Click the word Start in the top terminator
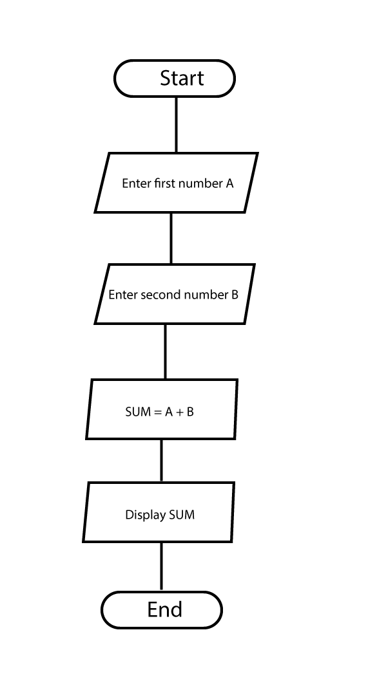pos(182,78)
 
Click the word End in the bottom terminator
pos(165,609)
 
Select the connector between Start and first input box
pos(176,125)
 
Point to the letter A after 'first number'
pos(229,183)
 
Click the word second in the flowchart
pos(159,295)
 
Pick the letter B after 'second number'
pos(235,295)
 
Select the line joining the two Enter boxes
pos(171,239)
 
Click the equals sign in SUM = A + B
pos(158,412)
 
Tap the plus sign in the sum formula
pos(179,412)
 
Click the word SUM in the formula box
pos(139,412)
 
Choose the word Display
pos(141,515)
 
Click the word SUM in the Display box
pos(182,515)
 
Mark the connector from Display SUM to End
pos(161,566)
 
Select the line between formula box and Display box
pos(161,461)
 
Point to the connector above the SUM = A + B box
pos(166,351)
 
